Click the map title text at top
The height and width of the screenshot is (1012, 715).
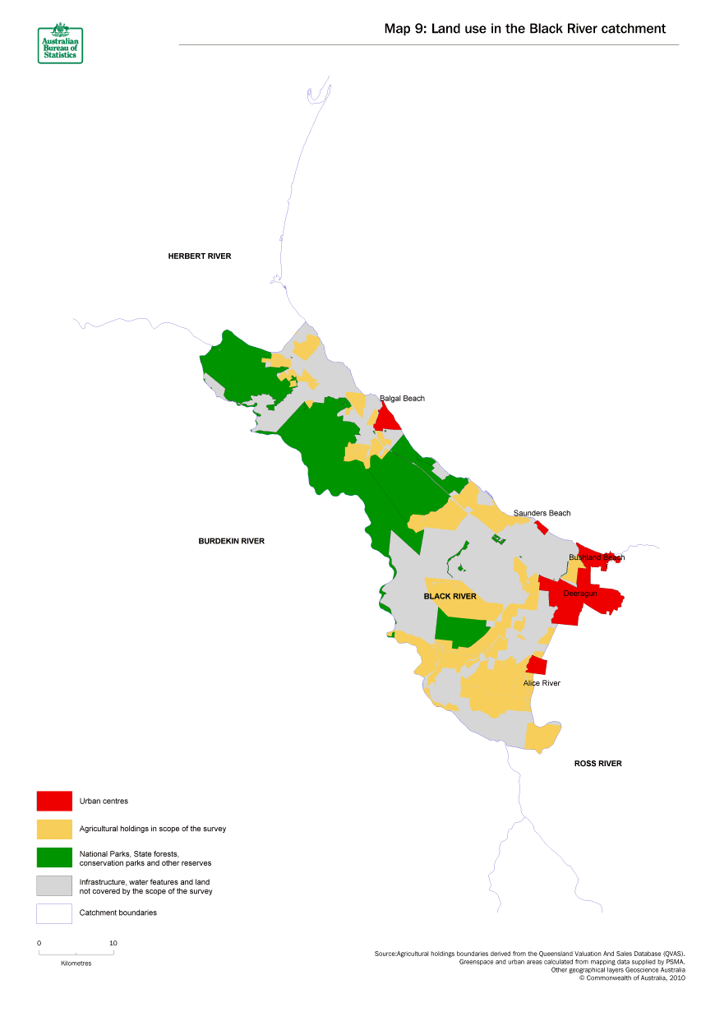[524, 29]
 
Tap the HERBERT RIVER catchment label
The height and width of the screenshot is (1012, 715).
[200, 256]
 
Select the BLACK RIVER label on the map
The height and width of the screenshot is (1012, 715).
[450, 596]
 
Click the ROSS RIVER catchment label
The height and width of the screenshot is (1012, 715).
[597, 764]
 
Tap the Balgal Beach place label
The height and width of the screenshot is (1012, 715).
[402, 399]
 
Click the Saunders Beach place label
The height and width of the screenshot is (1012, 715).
[542, 513]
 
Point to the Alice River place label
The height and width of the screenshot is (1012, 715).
[542, 683]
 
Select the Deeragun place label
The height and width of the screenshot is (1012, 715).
[579, 592]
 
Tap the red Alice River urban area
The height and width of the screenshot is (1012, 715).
[537, 664]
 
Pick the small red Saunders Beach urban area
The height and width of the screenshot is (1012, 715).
[542, 527]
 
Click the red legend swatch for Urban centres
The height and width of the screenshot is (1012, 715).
[54, 801]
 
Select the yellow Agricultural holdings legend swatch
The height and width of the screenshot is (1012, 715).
[54, 829]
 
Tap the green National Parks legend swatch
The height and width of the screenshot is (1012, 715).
[54, 857]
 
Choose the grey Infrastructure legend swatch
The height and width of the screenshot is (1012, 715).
[54, 885]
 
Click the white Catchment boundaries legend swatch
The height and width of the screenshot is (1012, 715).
[54, 913]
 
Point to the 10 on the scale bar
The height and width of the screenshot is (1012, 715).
[113, 943]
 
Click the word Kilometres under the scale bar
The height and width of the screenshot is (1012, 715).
[76, 963]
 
